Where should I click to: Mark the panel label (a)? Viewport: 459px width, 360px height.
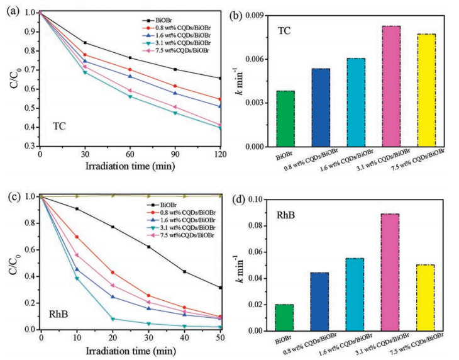coord(9,9)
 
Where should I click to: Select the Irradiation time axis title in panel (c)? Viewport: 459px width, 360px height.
coord(130,350)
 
